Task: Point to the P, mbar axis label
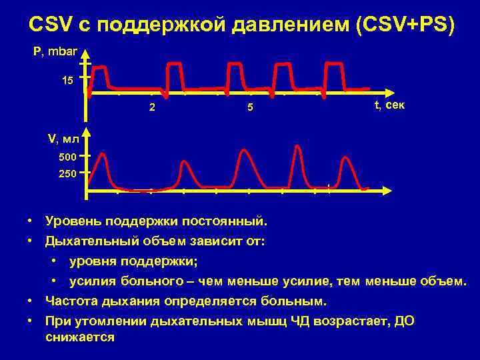(55, 51)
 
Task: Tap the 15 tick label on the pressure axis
(67, 81)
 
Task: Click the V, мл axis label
(63, 139)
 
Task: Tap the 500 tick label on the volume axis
(67, 158)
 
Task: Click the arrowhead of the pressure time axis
(393, 93)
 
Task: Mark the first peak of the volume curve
(102, 154)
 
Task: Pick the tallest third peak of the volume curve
(245, 151)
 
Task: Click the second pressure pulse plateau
(175, 63)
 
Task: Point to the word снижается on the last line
(79, 337)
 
